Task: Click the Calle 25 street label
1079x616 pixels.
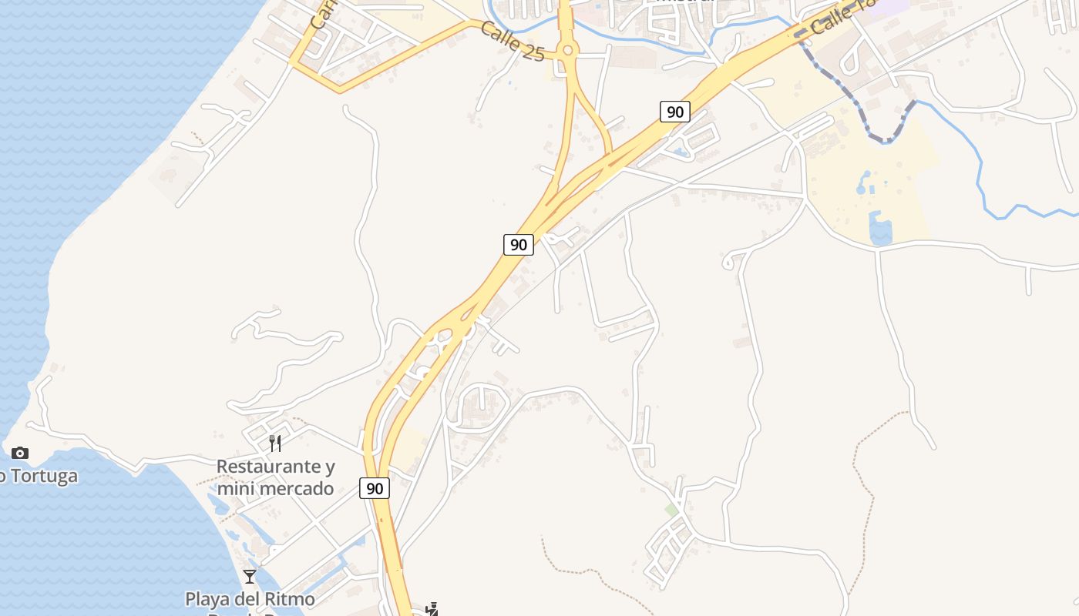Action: (x=512, y=42)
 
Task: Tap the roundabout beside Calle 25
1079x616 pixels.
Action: (x=568, y=51)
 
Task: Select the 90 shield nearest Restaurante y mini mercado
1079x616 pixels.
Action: (x=374, y=487)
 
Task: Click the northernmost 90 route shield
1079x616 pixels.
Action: (x=674, y=112)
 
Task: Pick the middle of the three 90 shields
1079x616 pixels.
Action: (x=519, y=245)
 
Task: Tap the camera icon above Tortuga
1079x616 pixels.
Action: (x=20, y=453)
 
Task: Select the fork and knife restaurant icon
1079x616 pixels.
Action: (x=275, y=443)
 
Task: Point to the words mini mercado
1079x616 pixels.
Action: (x=275, y=488)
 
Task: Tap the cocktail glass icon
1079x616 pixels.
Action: (x=250, y=576)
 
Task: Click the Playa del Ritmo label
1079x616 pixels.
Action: (x=250, y=598)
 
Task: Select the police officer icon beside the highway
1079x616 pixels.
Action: (x=432, y=609)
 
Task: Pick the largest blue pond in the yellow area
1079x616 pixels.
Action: (x=879, y=229)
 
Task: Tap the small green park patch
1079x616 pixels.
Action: (x=671, y=510)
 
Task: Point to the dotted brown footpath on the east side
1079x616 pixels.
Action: (x=863, y=493)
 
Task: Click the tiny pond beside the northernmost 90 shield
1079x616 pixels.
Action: (x=681, y=152)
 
